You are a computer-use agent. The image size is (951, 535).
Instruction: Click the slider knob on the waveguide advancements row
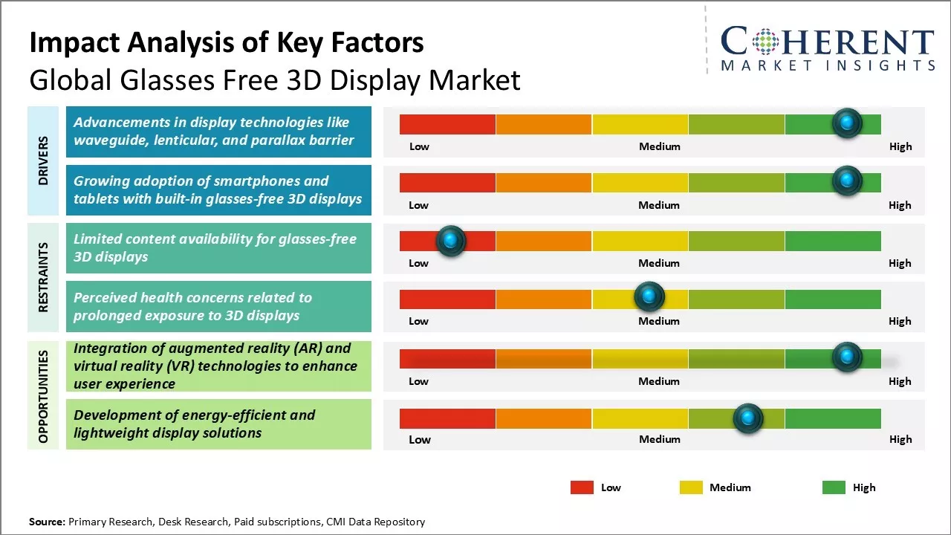click(x=846, y=123)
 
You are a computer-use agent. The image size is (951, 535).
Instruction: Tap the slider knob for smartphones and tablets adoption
click(x=846, y=181)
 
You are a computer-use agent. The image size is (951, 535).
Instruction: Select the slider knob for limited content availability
click(x=449, y=240)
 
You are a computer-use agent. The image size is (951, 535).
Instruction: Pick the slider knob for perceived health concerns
click(x=649, y=298)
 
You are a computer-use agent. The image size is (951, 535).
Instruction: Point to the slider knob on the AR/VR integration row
click(x=846, y=357)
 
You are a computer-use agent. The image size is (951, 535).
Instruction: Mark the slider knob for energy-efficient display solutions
click(x=747, y=418)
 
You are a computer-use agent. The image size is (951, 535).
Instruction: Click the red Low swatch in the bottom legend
click(x=582, y=487)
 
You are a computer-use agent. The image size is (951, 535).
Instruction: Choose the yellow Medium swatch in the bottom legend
click(x=691, y=487)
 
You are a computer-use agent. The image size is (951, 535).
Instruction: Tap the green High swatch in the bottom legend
click(x=834, y=487)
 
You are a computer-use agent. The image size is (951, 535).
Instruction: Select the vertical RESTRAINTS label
click(x=43, y=276)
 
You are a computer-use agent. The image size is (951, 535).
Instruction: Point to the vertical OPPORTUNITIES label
click(x=43, y=397)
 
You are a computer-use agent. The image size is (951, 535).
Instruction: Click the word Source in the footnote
click(x=48, y=522)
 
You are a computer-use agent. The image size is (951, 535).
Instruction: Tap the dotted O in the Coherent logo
click(x=766, y=42)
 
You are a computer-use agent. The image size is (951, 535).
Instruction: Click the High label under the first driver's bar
click(x=900, y=146)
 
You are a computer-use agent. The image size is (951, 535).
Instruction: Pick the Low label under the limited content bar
click(x=418, y=263)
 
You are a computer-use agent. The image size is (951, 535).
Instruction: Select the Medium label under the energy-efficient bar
click(x=659, y=439)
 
